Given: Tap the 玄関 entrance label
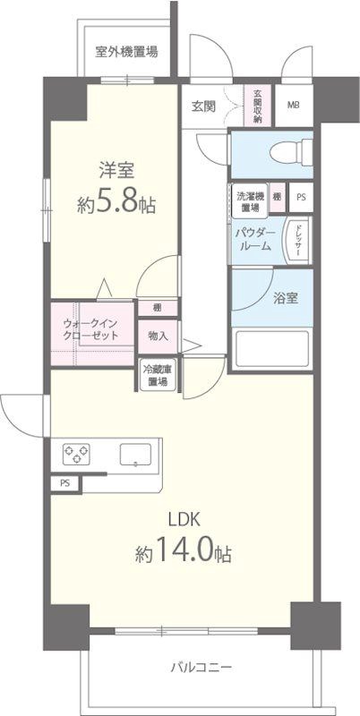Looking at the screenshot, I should tap(202, 106).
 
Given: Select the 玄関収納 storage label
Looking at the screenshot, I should tap(258, 106).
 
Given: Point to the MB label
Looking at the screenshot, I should tap(293, 106).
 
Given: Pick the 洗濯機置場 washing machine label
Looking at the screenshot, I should tap(250, 201).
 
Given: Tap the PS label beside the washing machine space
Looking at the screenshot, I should tap(300, 197).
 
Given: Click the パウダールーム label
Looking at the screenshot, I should tap(254, 239).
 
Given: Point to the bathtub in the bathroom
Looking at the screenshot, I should tap(270, 350).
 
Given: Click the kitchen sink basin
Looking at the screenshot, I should tap(135, 454).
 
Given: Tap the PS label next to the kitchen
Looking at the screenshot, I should tap(64, 484).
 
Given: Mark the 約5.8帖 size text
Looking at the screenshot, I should tap(116, 204).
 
